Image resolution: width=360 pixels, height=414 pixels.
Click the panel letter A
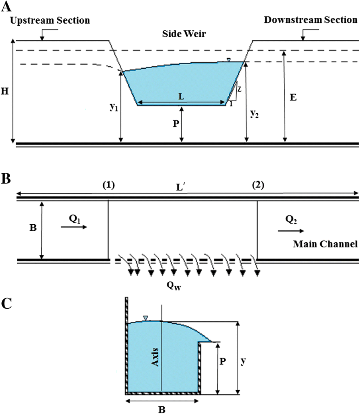coord(6,6)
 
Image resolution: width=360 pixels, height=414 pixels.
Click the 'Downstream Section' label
coord(310,20)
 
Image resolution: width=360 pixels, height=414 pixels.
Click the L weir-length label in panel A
coord(182,98)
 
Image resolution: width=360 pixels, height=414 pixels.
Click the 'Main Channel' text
coord(325,244)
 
